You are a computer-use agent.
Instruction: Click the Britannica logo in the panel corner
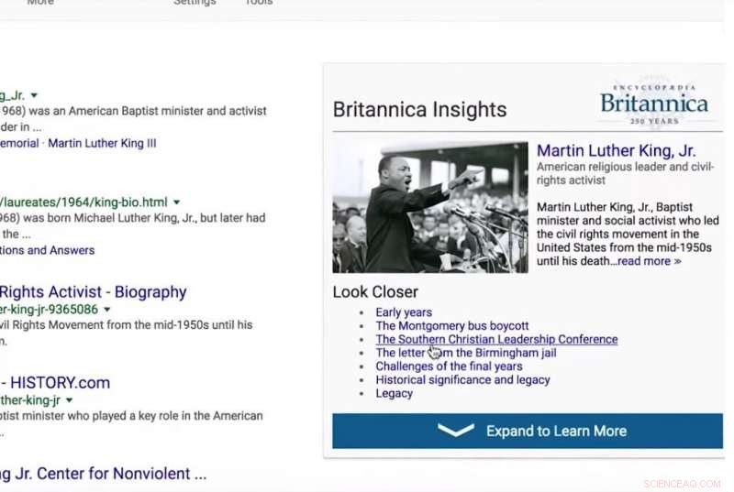(654, 104)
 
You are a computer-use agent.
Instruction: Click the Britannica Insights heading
(419, 110)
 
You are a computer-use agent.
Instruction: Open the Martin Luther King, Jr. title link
(616, 150)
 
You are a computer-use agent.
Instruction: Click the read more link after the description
(649, 261)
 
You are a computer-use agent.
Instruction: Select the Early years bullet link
(404, 312)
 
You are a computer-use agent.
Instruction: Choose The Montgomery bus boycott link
(452, 325)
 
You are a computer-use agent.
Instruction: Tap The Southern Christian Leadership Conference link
(496, 339)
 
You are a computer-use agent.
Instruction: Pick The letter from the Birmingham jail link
(466, 353)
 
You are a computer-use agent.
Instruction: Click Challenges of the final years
(449, 366)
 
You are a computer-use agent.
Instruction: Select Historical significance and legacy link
(462, 379)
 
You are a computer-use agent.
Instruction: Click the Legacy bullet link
(395, 393)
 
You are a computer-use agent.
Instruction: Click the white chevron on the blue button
(456, 431)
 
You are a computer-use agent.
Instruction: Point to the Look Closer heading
(375, 292)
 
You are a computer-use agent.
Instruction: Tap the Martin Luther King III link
(102, 143)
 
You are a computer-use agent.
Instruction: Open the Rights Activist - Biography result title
(93, 292)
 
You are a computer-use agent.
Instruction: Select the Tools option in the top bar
(259, 3)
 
